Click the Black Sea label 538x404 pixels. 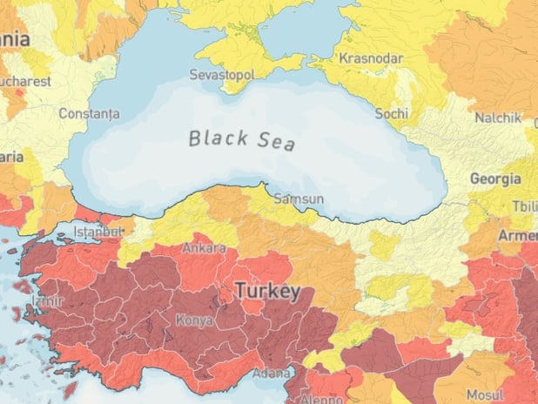(x=242, y=139)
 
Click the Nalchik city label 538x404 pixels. (x=497, y=118)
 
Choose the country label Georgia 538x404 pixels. (x=495, y=178)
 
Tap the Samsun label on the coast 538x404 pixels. (x=299, y=199)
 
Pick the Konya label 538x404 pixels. (x=193, y=320)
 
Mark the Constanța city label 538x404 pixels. (x=89, y=114)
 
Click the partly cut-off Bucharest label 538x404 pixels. (x=24, y=81)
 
